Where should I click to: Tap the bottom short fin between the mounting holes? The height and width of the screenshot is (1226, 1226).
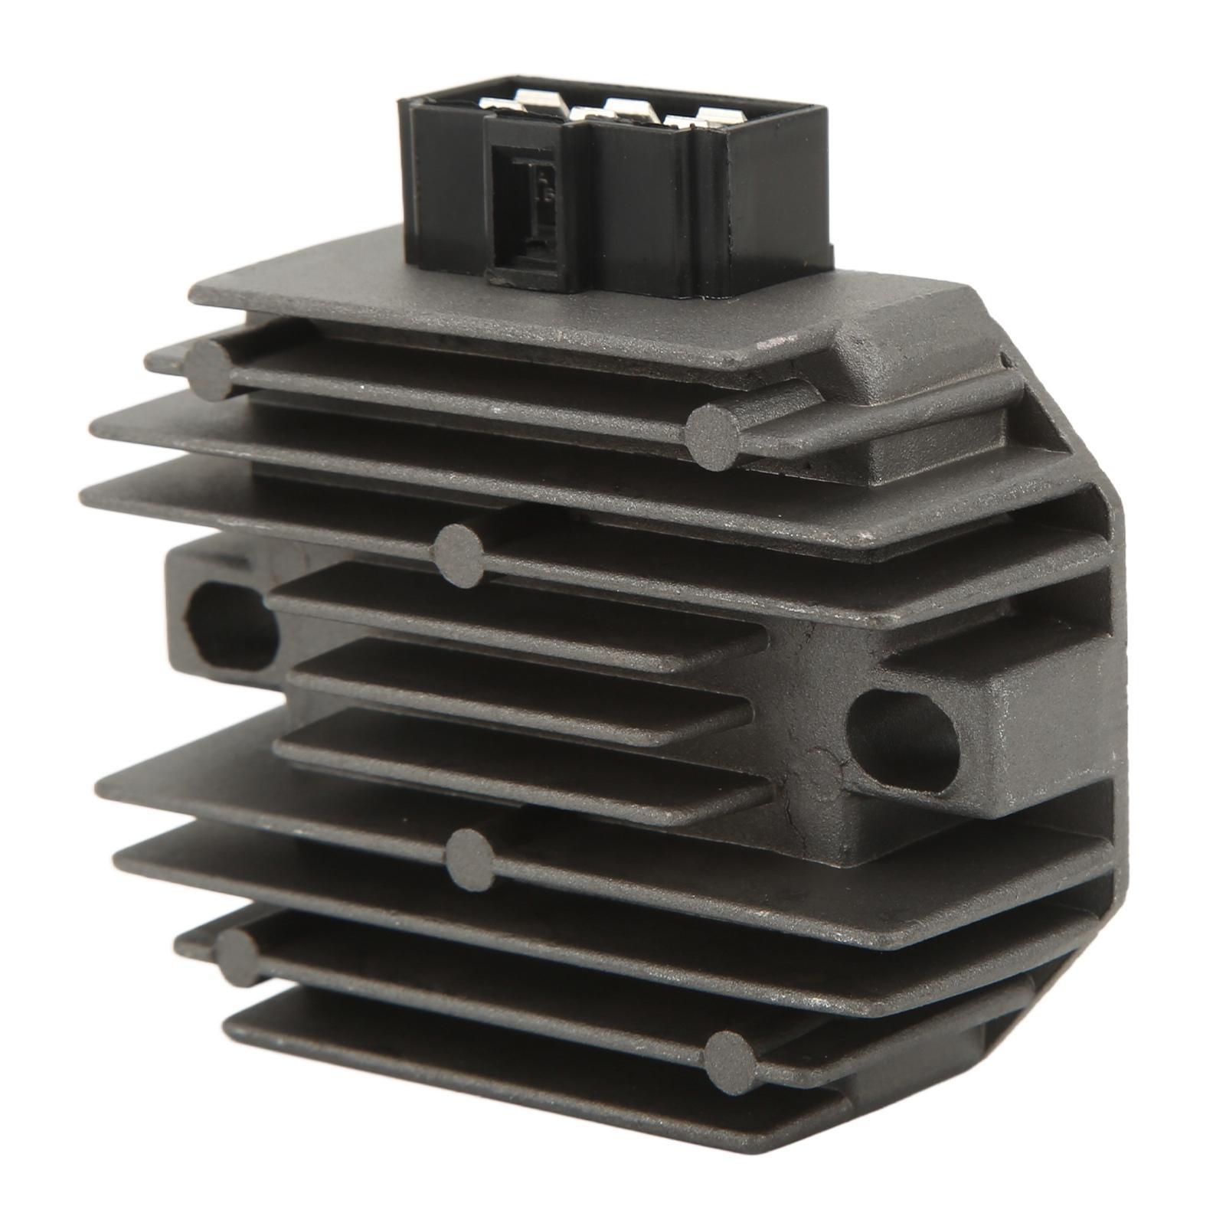tap(521, 758)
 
